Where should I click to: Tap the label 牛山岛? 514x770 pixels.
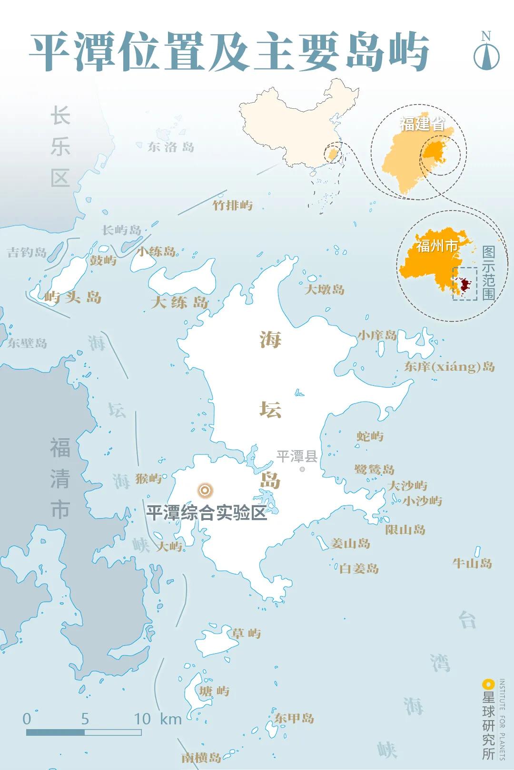pos(472,563)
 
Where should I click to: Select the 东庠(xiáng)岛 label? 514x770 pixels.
pos(449,366)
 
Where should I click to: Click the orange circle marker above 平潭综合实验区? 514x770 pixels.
pos(205,490)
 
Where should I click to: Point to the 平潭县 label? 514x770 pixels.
pos(297,457)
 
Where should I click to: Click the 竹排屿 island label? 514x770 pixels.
pos(232,205)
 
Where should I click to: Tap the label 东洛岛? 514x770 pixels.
pos(171,147)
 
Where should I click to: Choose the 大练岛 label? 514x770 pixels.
pos(179,302)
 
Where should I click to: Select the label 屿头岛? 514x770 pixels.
pos(73,298)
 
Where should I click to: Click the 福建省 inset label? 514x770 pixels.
pos(422,124)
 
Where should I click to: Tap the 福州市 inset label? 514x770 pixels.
pos(437,246)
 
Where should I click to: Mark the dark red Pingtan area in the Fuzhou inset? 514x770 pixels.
pos(465,284)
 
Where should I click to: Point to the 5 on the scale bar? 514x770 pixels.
pos(85,719)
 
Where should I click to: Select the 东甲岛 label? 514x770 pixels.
pos(294,718)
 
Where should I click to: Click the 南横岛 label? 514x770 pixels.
pos(201,757)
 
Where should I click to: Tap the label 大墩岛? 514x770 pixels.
pos(325,289)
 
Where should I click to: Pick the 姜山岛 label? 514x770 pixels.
pos(350,543)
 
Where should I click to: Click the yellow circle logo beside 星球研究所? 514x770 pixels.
pos(488,685)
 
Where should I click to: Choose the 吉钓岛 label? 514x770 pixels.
pos(27,252)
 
